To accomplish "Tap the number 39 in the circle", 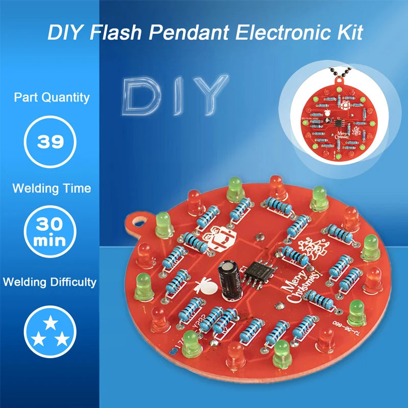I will tap(51, 141).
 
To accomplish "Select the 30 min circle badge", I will tap(50, 231).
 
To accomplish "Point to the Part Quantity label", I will tap(52, 97).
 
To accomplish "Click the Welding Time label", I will tap(52, 188).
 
